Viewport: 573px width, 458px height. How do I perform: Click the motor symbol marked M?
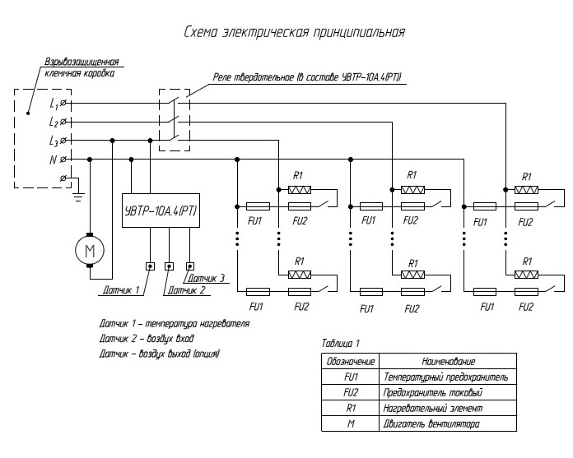[x=90, y=250]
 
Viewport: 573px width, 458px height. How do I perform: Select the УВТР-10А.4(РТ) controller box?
[x=161, y=210]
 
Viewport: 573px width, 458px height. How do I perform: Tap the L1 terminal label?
[x=54, y=104]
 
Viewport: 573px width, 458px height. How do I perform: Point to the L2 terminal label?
[x=54, y=122]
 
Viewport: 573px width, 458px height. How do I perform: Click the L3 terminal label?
[x=54, y=141]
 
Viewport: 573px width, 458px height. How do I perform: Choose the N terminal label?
[x=54, y=160]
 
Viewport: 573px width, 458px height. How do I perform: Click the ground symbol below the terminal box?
[x=78, y=197]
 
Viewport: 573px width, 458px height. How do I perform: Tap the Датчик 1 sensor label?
[x=121, y=290]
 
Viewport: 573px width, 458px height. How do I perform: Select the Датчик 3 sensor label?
[x=206, y=278]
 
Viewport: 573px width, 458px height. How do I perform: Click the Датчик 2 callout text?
[x=186, y=290]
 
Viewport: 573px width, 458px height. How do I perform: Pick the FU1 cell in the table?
[x=351, y=377]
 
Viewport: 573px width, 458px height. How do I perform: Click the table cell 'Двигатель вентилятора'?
[x=431, y=423]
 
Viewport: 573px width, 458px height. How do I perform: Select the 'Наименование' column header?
[x=449, y=361]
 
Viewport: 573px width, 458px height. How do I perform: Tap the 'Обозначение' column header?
[x=351, y=361]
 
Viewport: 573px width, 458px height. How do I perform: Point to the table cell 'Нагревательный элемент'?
[x=433, y=408]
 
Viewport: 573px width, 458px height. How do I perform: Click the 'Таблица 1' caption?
[x=341, y=343]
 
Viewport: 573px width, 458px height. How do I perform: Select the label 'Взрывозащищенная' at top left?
[x=82, y=62]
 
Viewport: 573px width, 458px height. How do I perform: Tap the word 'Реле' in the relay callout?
[x=221, y=77]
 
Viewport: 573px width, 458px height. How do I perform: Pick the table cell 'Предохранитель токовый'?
[x=433, y=392]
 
